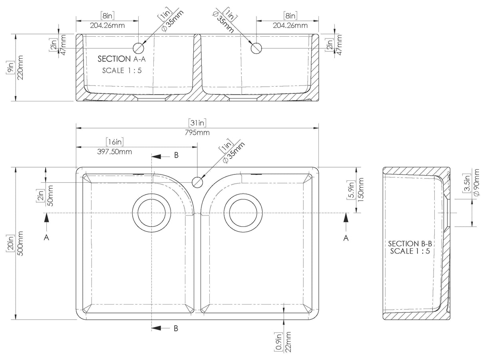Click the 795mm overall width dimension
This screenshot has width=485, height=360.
197,133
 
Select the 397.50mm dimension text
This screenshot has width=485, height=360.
115,152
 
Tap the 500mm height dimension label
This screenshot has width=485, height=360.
20,243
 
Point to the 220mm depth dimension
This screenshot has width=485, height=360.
20,67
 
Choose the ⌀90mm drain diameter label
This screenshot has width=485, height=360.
476,182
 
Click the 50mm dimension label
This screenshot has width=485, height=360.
50,196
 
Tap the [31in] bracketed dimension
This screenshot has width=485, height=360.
197,123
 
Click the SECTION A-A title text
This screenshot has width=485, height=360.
121,59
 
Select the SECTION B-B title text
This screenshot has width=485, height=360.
410,243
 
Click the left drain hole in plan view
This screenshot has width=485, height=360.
151,213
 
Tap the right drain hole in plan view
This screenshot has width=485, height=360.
243,213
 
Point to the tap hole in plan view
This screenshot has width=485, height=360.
197,182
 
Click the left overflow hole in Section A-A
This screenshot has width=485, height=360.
139,48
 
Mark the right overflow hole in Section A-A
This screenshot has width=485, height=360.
256,48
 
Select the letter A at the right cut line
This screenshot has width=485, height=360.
346,238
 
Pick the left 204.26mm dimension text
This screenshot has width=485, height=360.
107,26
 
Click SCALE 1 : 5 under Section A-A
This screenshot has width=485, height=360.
122,70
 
